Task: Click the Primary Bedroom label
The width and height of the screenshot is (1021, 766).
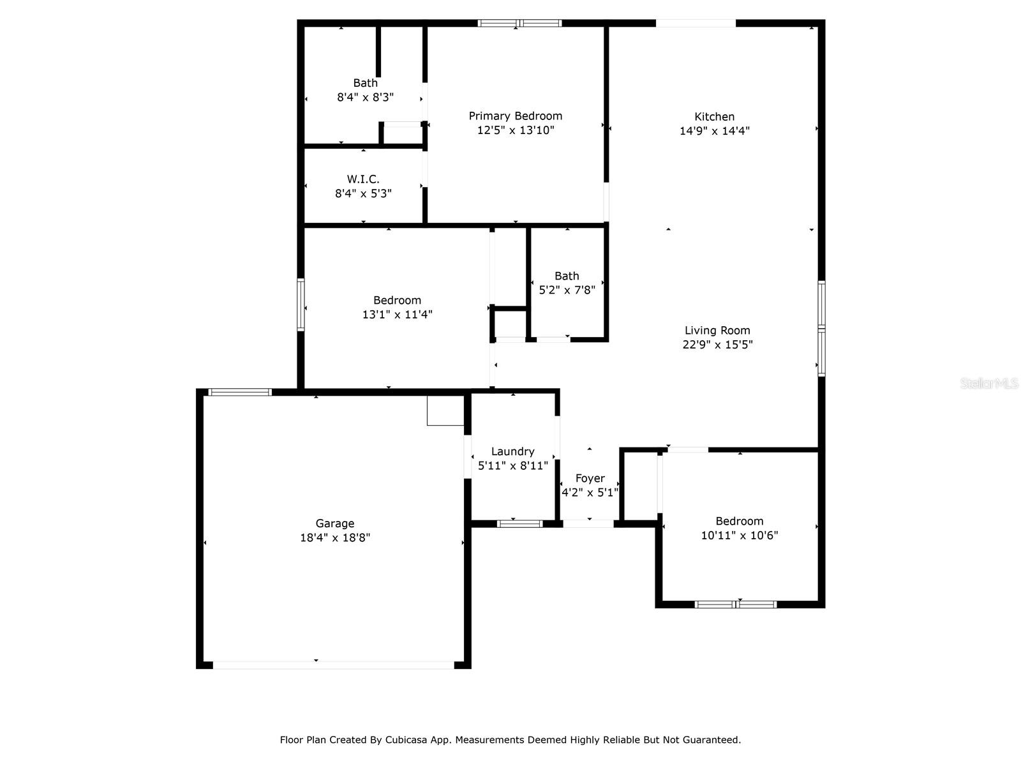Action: [x=516, y=116]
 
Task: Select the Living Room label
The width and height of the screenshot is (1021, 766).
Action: [x=717, y=331]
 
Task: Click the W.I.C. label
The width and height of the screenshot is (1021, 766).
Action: [x=363, y=179]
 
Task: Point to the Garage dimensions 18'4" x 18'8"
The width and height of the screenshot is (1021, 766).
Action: [x=335, y=538]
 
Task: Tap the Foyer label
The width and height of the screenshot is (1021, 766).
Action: [x=590, y=479]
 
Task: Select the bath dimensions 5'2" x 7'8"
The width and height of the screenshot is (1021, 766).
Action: [x=567, y=290]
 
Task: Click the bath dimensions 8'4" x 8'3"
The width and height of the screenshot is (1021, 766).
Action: [x=365, y=98]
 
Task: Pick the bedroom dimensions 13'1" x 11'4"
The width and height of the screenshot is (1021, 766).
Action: [x=397, y=315]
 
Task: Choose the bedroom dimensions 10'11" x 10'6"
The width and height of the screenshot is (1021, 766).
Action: [x=739, y=536]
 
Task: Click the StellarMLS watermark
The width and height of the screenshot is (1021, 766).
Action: [x=988, y=384]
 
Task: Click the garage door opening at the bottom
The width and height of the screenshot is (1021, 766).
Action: [x=333, y=665]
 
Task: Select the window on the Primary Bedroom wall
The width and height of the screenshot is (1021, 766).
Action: [x=519, y=24]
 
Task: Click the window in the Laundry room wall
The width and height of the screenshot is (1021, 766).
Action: [x=519, y=524]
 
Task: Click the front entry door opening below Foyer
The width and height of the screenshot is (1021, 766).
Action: [x=588, y=524]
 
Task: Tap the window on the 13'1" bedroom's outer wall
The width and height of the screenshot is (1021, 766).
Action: [x=301, y=304]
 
